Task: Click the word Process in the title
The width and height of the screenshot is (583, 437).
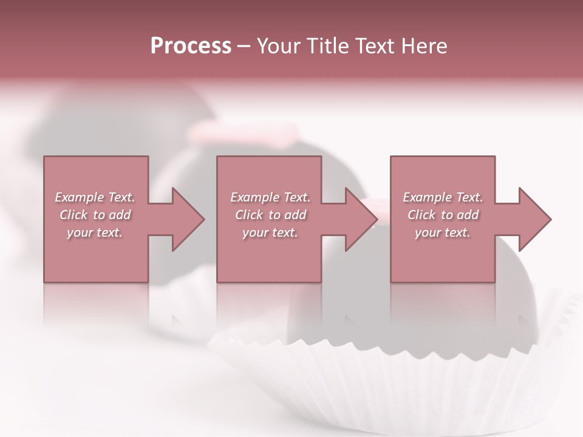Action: tap(191, 46)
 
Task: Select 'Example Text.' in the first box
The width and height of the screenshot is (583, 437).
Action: tap(95, 197)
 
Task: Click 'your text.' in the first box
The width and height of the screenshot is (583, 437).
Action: tap(95, 232)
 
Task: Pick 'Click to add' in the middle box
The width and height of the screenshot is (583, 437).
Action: tap(270, 215)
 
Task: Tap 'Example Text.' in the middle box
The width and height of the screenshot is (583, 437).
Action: tap(270, 197)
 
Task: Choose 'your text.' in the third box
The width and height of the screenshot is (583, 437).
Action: tap(443, 232)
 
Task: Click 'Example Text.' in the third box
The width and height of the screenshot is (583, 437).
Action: tap(443, 197)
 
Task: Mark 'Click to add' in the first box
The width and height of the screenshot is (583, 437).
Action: tap(95, 215)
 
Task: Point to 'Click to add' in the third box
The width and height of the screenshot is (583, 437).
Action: tap(443, 215)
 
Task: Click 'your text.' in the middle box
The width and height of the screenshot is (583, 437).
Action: tap(270, 232)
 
